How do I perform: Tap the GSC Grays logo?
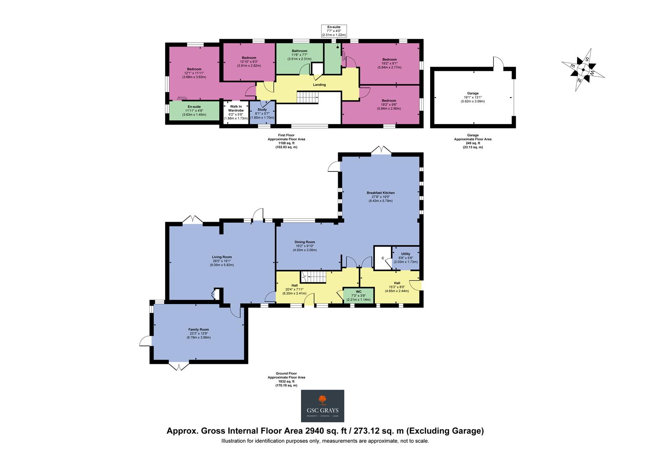322,406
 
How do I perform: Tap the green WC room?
358,295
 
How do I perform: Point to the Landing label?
319,85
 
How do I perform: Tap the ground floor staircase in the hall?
314,277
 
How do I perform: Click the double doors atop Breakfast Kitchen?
379,150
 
